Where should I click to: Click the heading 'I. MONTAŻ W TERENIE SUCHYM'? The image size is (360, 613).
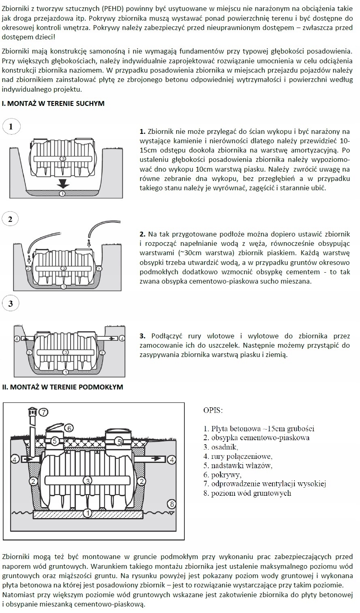[x=53, y=103]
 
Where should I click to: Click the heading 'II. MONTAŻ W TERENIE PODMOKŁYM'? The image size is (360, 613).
[x=62, y=387]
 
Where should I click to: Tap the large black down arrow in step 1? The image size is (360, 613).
[x=62, y=184]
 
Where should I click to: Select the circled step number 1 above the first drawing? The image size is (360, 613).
[x=11, y=127]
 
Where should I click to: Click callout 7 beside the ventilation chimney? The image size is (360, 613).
[x=43, y=412]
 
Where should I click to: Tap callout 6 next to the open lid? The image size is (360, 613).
[x=69, y=428]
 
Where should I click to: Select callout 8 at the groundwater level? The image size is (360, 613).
[x=172, y=504]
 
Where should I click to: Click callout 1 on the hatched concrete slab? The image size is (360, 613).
[x=87, y=514]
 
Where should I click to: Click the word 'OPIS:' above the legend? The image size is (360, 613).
[x=213, y=410]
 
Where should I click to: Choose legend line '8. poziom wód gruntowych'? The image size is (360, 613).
[x=247, y=493]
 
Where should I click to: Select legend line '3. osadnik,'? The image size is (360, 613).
[x=221, y=447]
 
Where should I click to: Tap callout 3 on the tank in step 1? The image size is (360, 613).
[x=62, y=158]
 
